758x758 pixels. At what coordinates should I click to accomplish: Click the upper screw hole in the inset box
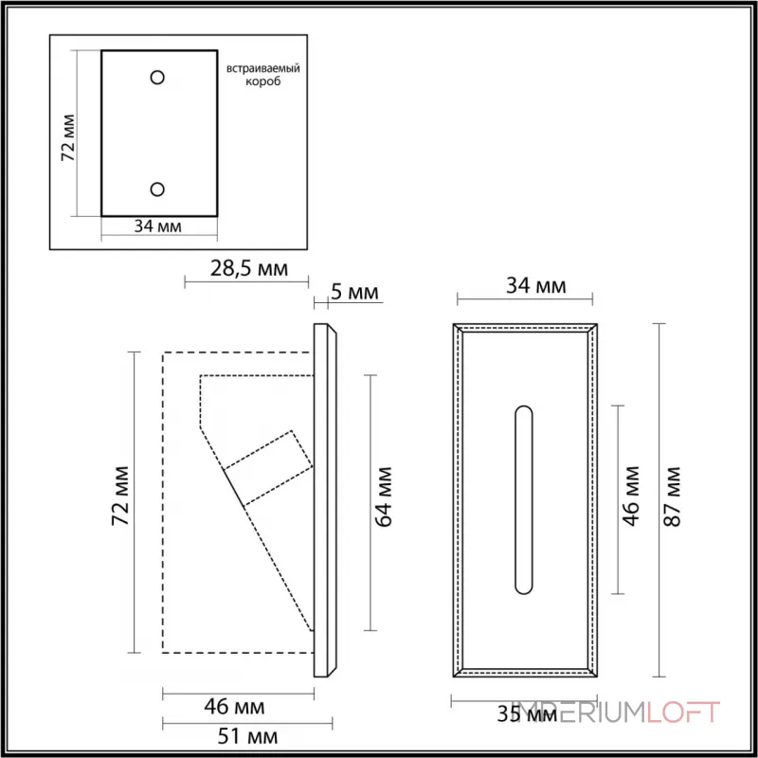click(x=158, y=76)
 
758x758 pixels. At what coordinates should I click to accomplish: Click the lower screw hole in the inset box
click(x=158, y=188)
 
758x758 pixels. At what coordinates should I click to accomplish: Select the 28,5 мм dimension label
click(x=247, y=269)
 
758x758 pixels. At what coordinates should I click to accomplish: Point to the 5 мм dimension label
click(x=354, y=292)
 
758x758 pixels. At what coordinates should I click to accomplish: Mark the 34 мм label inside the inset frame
click(x=158, y=226)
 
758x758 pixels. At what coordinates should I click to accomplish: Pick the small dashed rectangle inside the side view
click(x=269, y=468)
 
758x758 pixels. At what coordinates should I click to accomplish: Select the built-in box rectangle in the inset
click(x=158, y=133)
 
